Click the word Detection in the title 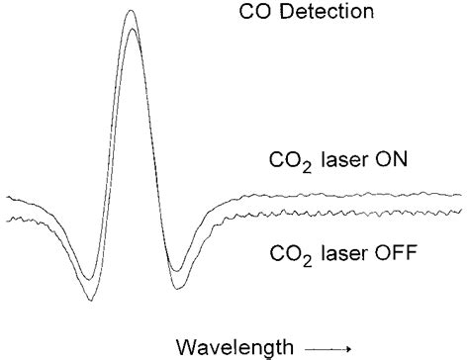333,13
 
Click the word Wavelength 233,345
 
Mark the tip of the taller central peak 131,11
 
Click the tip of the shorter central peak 131,30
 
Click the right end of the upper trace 462,195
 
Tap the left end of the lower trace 7,217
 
